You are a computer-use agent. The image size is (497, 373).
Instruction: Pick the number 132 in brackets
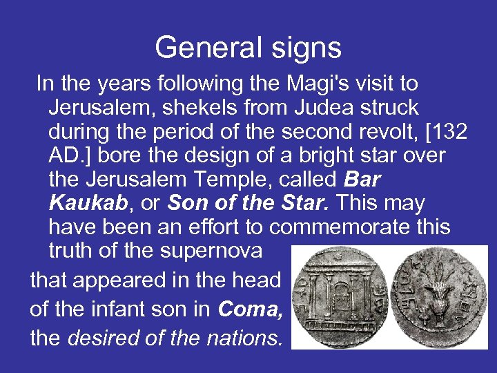pos(444,132)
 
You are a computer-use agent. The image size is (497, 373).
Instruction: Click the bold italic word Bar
pos(361,180)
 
